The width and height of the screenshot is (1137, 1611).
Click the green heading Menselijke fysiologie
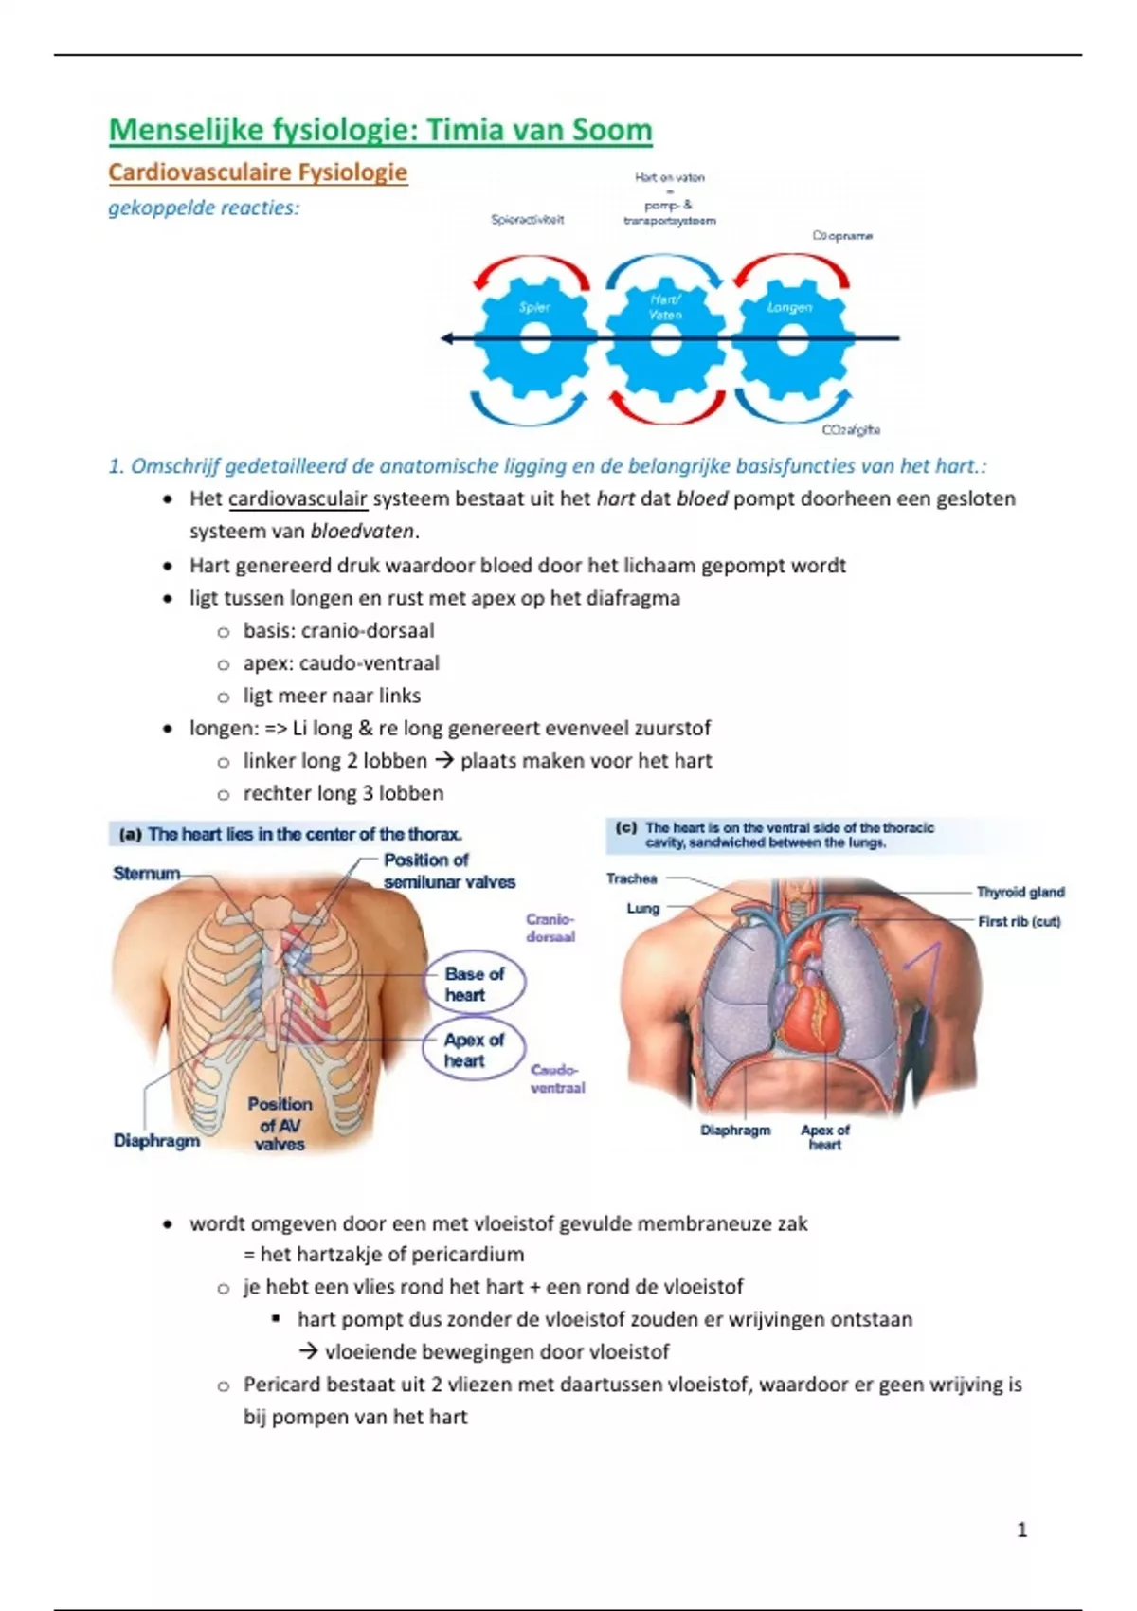pos(380,130)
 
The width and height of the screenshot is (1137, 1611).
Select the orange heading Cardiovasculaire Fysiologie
pos(258,172)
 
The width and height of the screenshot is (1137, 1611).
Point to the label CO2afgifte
pos(851,429)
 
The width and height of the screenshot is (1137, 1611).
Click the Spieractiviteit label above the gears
pos(527,220)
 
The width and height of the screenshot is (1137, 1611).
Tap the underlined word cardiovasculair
pos(298,499)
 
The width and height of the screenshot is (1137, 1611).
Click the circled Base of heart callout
pos(474,984)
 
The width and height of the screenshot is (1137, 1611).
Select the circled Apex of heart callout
pos(474,1050)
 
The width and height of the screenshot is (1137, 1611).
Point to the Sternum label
pos(146,874)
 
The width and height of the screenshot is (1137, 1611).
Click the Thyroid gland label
pos(1020,892)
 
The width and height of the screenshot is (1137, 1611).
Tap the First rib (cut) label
pos(1019,921)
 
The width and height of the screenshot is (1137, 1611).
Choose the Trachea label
pos(631,878)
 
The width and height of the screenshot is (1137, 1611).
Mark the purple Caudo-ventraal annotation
pos(556,1078)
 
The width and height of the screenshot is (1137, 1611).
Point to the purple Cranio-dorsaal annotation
pos(550,928)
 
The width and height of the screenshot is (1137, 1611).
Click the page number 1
pos(1021,1530)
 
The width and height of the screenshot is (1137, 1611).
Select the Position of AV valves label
pos(280,1124)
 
